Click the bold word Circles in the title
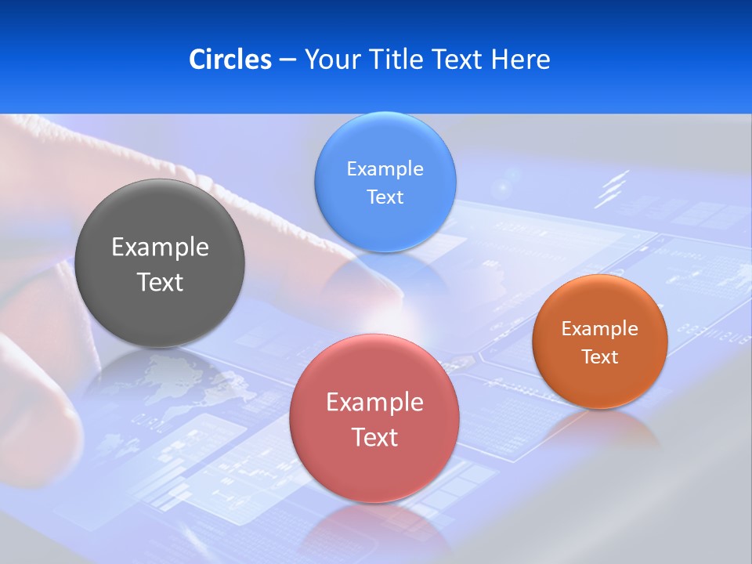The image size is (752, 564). (x=230, y=60)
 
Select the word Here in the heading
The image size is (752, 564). (x=520, y=60)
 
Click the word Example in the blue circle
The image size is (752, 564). (x=385, y=169)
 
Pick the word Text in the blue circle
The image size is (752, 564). (x=385, y=197)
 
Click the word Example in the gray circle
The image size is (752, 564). (x=160, y=248)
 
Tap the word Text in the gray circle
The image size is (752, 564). (x=160, y=282)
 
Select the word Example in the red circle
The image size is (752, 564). (x=374, y=403)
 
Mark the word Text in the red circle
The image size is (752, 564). (x=374, y=437)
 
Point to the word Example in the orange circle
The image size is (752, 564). (x=599, y=329)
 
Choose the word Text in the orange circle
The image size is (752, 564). (x=599, y=357)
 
